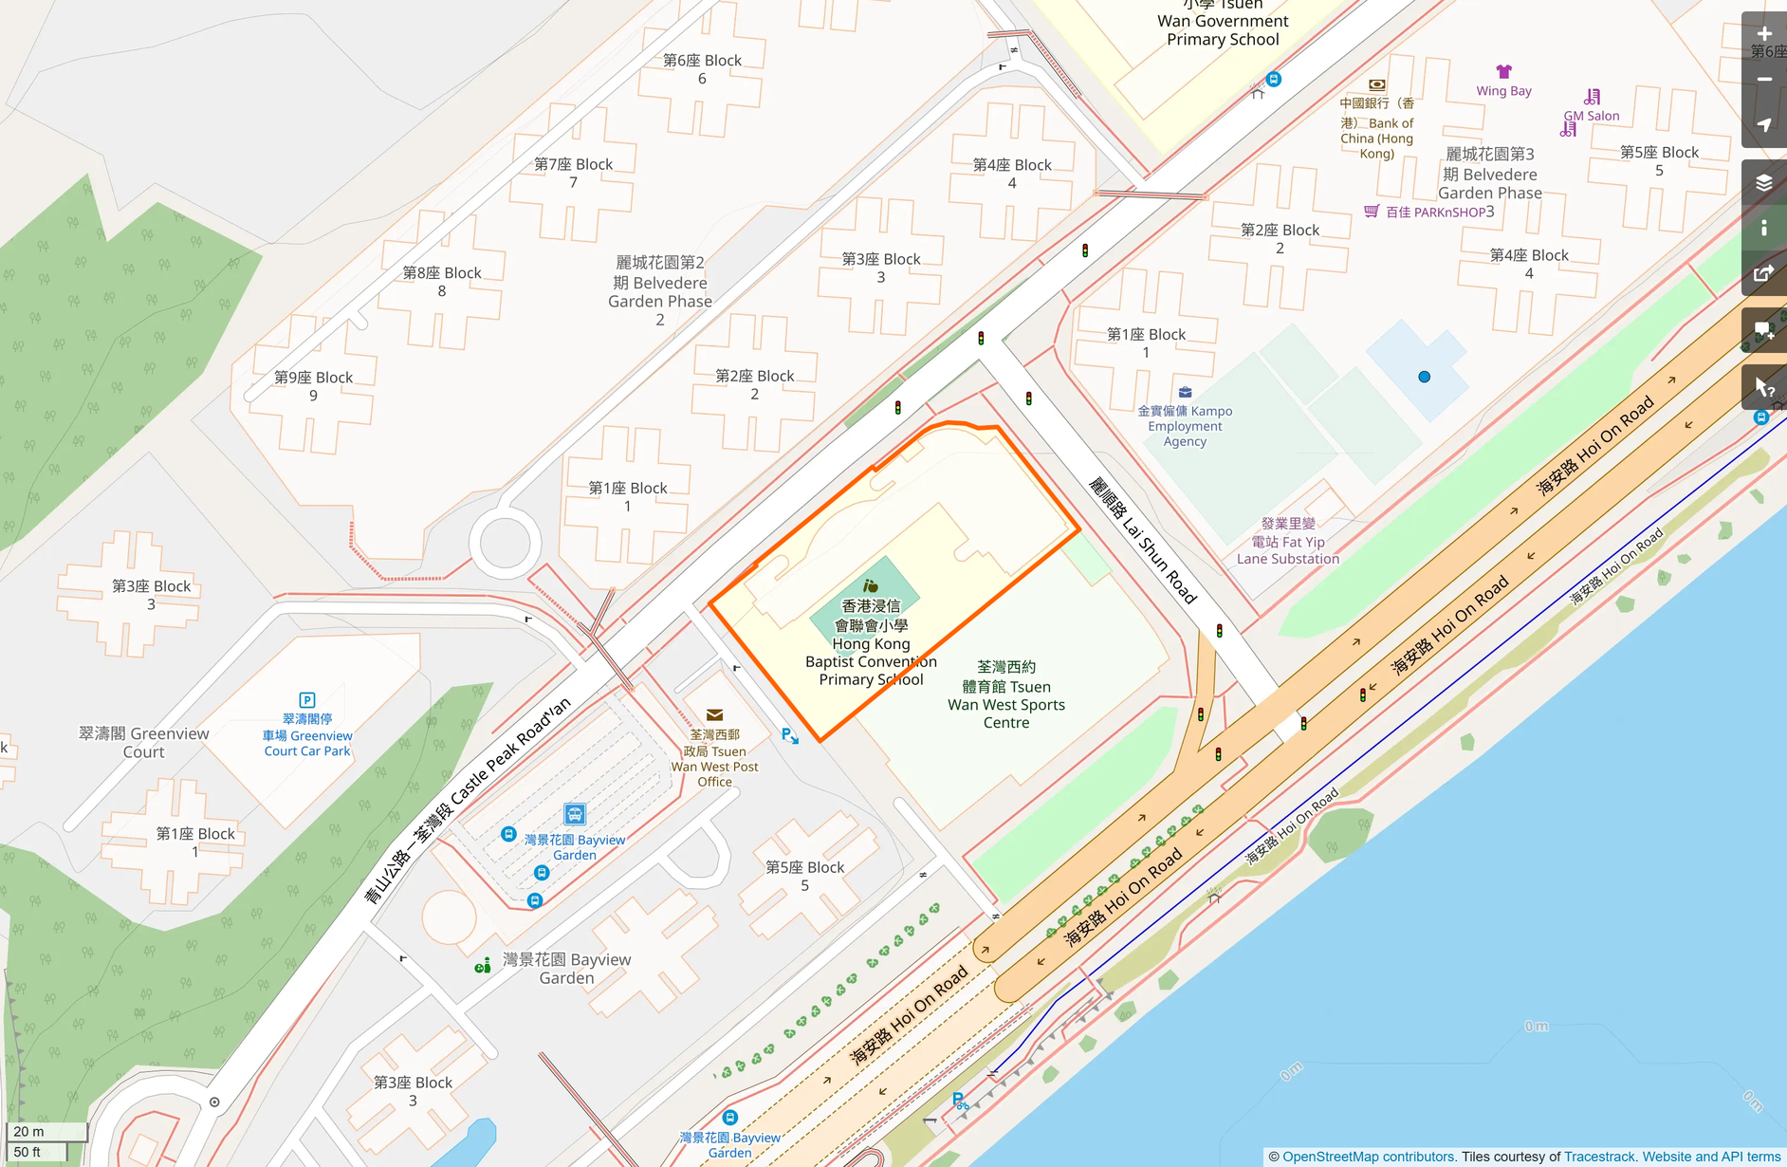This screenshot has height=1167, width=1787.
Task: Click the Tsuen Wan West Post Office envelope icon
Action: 715,714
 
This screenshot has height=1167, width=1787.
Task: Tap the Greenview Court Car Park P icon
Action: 306,700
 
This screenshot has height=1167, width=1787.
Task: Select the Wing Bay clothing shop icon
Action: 1503,72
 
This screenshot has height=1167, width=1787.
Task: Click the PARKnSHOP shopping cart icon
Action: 1371,212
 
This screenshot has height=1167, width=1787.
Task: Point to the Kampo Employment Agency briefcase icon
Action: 1185,392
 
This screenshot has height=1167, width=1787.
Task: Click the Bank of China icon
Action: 1376,85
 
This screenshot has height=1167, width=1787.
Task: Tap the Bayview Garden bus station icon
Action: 575,814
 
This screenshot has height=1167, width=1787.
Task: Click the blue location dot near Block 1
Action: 1424,377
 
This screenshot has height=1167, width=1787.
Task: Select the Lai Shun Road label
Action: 1142,541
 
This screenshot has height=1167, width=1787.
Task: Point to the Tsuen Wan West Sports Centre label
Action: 1006,695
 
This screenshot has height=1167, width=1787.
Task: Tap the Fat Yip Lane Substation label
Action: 1287,542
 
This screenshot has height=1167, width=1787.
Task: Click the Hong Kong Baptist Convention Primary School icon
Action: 870,586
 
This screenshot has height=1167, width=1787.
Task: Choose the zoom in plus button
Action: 1763,34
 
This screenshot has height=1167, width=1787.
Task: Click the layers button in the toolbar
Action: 1763,182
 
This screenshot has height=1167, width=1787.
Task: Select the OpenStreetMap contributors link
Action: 1369,1157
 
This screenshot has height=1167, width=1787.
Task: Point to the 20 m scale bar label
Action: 28,1131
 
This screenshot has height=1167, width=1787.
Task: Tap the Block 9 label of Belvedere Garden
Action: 313,386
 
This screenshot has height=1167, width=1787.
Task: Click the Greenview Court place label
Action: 143,743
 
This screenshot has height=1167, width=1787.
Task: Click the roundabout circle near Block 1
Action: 505,544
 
